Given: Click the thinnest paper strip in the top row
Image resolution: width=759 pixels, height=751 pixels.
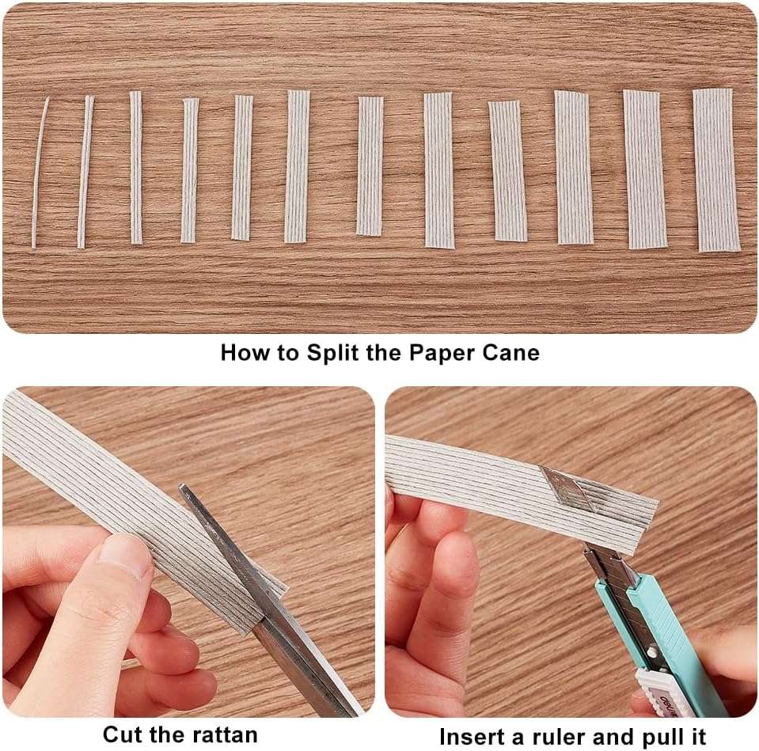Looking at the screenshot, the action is click(40, 173).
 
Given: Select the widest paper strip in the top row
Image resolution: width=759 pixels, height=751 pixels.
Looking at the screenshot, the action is click(716, 170).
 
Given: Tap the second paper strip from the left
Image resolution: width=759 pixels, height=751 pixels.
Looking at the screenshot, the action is click(85, 172).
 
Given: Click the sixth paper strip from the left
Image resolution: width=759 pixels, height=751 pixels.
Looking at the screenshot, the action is click(296, 166).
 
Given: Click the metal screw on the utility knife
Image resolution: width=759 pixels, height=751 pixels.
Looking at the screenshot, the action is click(652, 652).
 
